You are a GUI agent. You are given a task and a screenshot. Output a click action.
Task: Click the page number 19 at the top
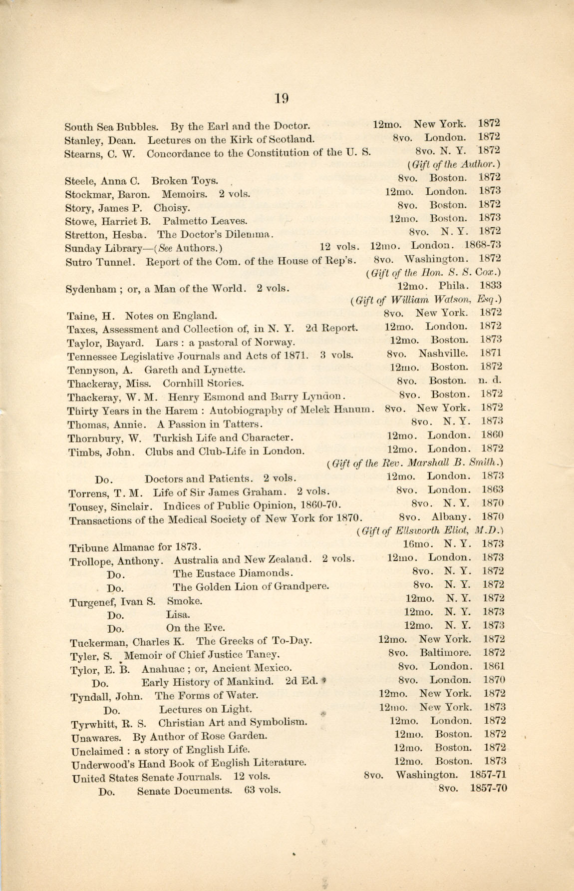click(x=282, y=98)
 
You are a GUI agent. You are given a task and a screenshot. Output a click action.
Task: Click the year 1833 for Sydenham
click(x=490, y=286)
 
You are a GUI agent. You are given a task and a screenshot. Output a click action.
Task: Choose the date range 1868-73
click(x=483, y=245)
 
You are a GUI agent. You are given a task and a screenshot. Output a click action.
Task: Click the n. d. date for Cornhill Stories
click(x=489, y=381)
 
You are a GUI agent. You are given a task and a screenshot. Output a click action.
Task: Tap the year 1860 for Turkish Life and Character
click(x=492, y=435)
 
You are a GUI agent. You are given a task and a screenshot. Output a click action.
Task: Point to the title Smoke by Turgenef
click(x=185, y=601)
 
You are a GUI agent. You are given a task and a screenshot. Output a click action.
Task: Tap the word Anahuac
click(x=161, y=668)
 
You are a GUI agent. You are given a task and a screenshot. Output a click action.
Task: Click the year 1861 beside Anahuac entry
click(x=494, y=666)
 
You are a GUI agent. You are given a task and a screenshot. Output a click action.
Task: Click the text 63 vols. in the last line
click(x=263, y=790)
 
